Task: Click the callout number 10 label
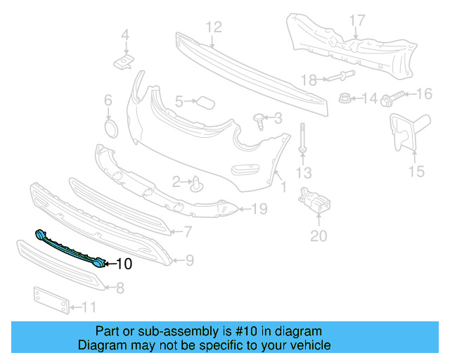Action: point(123,264)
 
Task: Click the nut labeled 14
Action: point(345,98)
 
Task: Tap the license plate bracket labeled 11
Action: point(51,300)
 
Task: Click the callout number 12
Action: point(213,27)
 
